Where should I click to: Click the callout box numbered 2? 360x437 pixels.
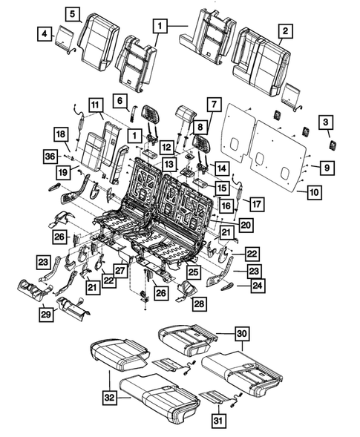click(284, 30)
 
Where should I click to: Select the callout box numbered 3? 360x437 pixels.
click(325, 122)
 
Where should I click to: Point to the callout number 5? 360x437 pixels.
click(73, 13)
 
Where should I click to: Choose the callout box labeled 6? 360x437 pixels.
click(120, 99)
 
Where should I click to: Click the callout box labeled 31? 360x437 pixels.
click(217, 421)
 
